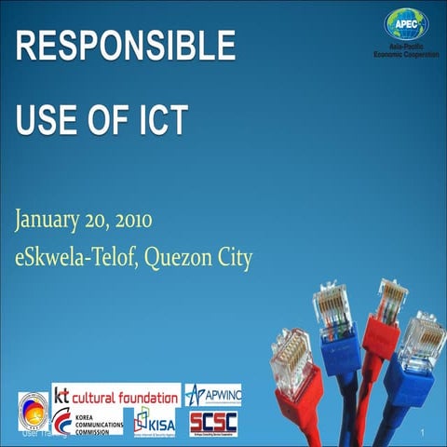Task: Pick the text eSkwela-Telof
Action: coord(74,257)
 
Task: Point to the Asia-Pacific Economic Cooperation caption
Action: coord(406,52)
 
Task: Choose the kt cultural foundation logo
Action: coord(115,394)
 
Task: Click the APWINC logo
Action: coord(212,394)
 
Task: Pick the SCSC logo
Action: coord(213,423)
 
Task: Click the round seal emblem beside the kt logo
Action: coord(33,409)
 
